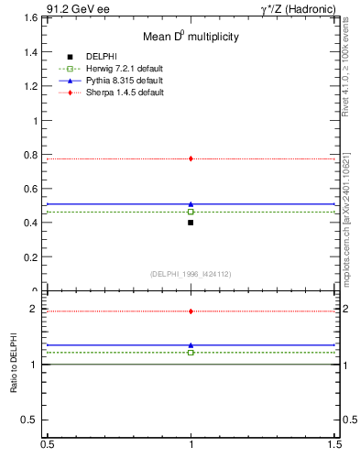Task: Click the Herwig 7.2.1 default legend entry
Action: click(115, 70)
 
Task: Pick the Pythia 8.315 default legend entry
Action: click(114, 82)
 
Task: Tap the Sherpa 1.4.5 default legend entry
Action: click(115, 93)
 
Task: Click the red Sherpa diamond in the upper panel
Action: click(191, 158)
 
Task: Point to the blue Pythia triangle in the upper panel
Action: click(191, 204)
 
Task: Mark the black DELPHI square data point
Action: click(191, 223)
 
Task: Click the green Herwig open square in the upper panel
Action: click(191, 212)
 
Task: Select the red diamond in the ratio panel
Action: click(191, 311)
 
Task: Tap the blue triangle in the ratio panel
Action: click(191, 345)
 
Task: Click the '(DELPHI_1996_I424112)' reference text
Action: click(191, 273)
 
